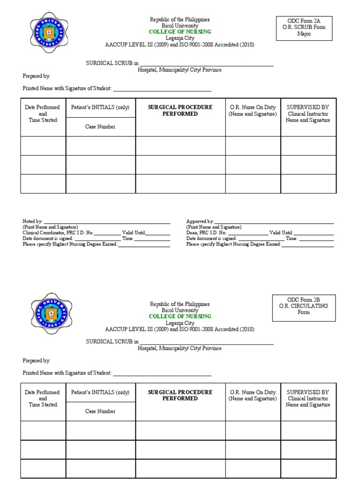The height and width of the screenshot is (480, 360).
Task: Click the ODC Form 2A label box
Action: point(304,28)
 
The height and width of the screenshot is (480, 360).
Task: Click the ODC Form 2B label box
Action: point(304,307)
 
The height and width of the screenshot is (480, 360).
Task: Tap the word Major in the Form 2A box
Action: point(304,34)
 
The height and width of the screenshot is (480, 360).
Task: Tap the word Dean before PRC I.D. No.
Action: point(191,232)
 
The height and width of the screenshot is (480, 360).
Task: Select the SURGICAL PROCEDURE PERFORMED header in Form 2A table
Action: point(180,111)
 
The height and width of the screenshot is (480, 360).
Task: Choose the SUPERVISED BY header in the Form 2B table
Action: point(307,392)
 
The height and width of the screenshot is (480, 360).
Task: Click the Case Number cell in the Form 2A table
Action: point(100,127)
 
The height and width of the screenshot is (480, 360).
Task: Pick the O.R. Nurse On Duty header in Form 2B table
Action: point(253,395)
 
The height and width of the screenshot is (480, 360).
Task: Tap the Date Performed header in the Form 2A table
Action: point(43,113)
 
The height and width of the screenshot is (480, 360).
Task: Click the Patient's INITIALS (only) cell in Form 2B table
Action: point(100,392)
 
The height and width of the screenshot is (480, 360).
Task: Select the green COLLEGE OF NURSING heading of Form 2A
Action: point(180,32)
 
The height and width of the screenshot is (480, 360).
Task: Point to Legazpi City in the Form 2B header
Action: point(180,323)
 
